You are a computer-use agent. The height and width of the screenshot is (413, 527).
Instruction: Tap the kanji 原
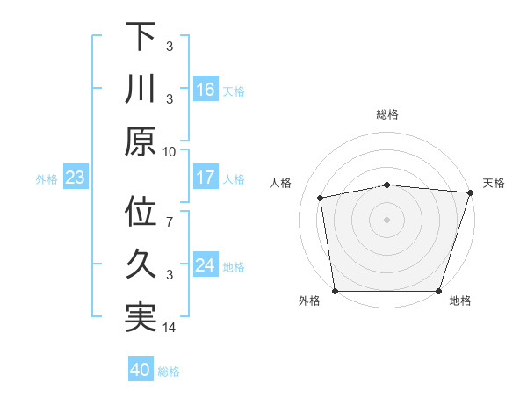tap(141, 141)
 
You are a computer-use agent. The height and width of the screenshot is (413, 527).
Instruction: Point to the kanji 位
tap(141, 214)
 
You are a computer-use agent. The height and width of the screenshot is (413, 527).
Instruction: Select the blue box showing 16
tap(206, 89)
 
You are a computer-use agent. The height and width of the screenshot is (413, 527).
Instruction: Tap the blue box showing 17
tap(206, 178)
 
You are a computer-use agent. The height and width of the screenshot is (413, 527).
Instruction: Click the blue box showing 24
tap(206, 266)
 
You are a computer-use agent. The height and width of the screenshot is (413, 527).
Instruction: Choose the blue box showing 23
tap(76, 178)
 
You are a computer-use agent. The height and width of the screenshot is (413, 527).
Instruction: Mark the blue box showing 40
tap(141, 371)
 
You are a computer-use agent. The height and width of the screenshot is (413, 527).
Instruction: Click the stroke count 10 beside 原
tap(170, 151)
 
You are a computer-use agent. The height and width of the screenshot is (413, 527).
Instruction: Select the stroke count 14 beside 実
tap(170, 329)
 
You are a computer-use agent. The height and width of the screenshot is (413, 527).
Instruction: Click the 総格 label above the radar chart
tap(387, 114)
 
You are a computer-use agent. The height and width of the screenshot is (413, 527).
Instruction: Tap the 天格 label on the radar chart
tap(494, 183)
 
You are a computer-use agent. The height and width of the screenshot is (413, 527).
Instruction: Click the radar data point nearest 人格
tap(321, 198)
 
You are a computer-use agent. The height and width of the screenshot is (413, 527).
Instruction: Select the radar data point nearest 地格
tap(439, 290)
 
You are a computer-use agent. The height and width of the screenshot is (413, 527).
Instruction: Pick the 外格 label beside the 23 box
tap(47, 179)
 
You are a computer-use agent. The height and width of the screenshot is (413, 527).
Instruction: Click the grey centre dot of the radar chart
tap(387, 220)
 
